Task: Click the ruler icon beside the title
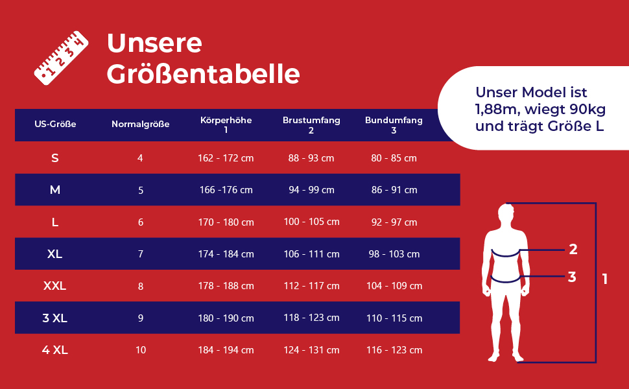click(x=60, y=58)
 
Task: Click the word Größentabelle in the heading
click(x=203, y=74)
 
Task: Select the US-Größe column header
click(x=55, y=124)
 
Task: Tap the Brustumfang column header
click(x=311, y=125)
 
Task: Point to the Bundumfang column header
click(x=394, y=125)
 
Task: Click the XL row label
click(x=54, y=254)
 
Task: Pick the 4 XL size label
click(x=54, y=350)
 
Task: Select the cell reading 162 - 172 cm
click(x=226, y=158)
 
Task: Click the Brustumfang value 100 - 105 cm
click(x=311, y=222)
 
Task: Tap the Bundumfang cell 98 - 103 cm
click(x=394, y=254)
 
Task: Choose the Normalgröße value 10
click(x=141, y=350)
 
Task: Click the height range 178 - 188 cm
click(x=226, y=286)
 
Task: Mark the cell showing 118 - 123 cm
click(x=311, y=318)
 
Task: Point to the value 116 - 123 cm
click(x=394, y=350)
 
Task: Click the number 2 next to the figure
click(x=573, y=249)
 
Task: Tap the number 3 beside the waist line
click(x=572, y=277)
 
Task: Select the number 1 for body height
click(x=605, y=279)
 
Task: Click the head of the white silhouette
click(x=507, y=213)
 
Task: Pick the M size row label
click(x=54, y=190)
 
